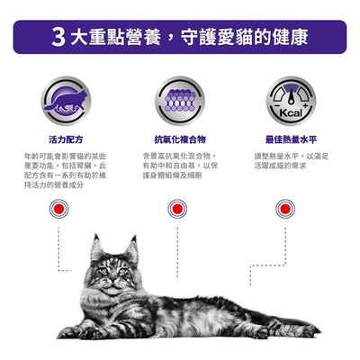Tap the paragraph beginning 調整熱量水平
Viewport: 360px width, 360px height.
(289, 162)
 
